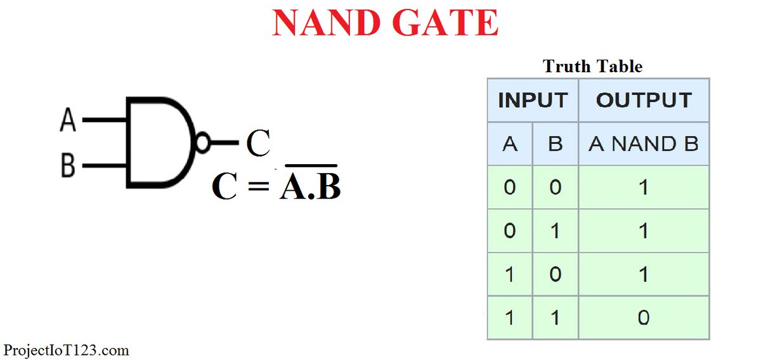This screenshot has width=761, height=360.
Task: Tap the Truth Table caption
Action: tap(593, 67)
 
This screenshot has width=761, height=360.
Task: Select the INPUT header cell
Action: tap(533, 100)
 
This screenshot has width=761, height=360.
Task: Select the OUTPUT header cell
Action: tap(644, 100)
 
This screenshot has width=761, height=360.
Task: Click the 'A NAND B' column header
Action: tap(644, 144)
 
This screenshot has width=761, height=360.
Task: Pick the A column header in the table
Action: tap(509, 144)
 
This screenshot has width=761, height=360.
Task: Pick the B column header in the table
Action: tap(555, 144)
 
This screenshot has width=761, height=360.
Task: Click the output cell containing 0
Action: tap(644, 317)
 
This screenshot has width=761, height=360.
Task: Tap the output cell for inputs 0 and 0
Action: tap(644, 188)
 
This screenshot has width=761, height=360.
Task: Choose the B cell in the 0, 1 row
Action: tap(555, 231)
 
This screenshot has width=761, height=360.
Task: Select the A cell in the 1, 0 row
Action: tap(509, 274)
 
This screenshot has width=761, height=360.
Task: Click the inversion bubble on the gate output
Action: tap(203, 143)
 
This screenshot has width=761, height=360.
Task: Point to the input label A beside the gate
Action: tap(67, 119)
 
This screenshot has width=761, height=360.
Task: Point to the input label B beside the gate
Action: tap(67, 167)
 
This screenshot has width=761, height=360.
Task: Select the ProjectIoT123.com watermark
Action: tap(66, 350)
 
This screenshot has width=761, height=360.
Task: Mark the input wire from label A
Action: tap(104, 119)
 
